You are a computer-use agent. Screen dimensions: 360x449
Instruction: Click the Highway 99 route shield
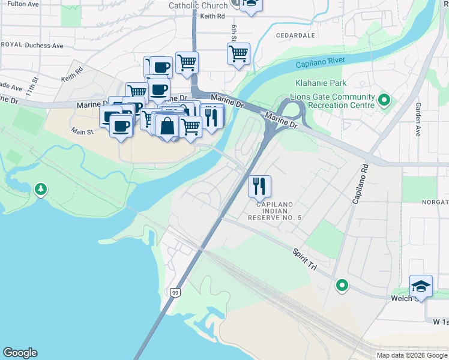[x=175, y=292]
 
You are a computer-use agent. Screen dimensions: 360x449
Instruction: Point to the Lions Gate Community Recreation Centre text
[x=332, y=101]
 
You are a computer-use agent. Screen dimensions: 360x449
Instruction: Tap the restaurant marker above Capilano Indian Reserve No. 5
[x=259, y=186]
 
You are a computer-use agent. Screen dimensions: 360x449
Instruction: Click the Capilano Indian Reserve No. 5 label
[x=275, y=211]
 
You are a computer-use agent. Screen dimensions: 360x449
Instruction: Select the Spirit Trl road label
[x=304, y=259]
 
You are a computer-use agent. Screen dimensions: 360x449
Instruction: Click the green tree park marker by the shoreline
[x=41, y=190]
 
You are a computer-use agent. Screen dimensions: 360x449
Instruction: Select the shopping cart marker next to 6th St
[x=238, y=54]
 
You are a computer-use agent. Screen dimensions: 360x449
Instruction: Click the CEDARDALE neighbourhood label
[x=295, y=35]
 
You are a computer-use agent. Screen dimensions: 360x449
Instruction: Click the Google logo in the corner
[x=20, y=353]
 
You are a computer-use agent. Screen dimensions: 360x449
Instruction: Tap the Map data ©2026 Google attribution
[x=411, y=355]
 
